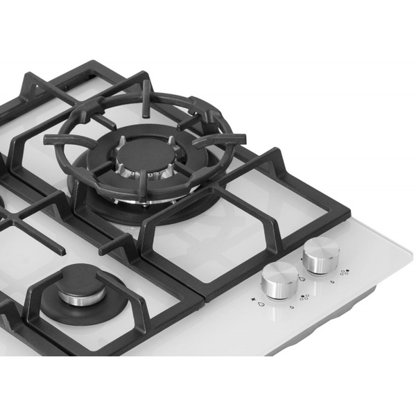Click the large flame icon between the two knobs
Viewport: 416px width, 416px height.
coord(302,278)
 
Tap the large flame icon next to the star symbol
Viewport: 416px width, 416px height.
coord(261,304)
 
